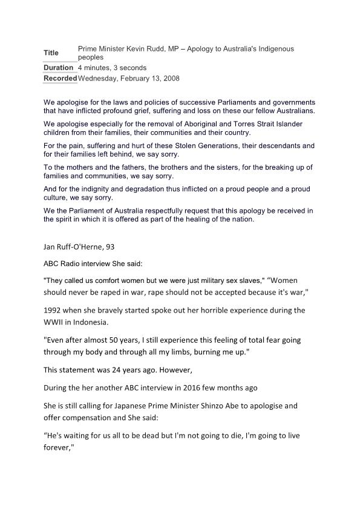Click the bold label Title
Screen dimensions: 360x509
[51, 53]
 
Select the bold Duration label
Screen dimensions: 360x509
[59, 68]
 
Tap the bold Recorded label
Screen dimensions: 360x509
[60, 79]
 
